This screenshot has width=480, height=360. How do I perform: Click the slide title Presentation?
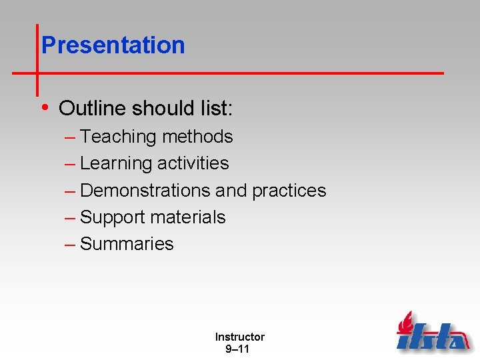point(113,45)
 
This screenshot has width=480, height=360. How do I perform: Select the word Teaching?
point(117,137)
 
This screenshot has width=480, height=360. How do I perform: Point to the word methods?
point(197,137)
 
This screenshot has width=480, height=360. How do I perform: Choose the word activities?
point(193,163)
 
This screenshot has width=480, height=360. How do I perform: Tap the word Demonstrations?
point(145,191)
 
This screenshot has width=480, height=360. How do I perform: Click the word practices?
point(289,191)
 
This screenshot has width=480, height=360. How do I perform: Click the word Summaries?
point(127,244)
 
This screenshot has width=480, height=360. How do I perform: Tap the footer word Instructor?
point(239,337)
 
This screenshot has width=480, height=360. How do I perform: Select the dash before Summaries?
point(70,245)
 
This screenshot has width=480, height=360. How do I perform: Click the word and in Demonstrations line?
point(231,191)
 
